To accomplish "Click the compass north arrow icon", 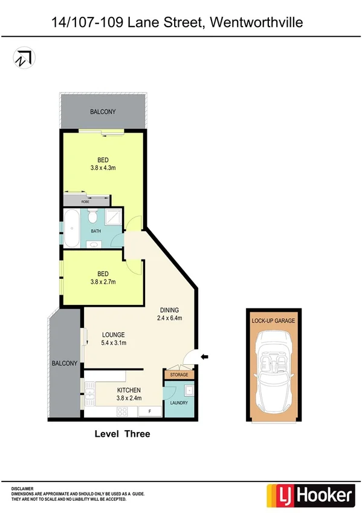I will (x=24, y=57).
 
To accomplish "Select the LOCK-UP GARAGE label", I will (x=273, y=321).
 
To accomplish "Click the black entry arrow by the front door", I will (x=204, y=357).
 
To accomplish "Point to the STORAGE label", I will (x=179, y=375).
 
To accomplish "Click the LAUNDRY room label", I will (x=179, y=403).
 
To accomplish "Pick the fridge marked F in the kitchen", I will (x=149, y=411).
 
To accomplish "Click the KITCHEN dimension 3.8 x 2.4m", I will (x=129, y=399).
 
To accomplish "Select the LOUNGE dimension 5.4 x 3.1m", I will (x=113, y=343).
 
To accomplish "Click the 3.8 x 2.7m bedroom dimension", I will (x=103, y=281).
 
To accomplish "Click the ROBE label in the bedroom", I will (x=77, y=201).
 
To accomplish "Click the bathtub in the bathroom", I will (x=71, y=228).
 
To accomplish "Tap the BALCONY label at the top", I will (x=103, y=112).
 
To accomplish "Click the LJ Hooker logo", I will (x=311, y=496).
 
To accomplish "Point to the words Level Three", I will (x=122, y=434).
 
